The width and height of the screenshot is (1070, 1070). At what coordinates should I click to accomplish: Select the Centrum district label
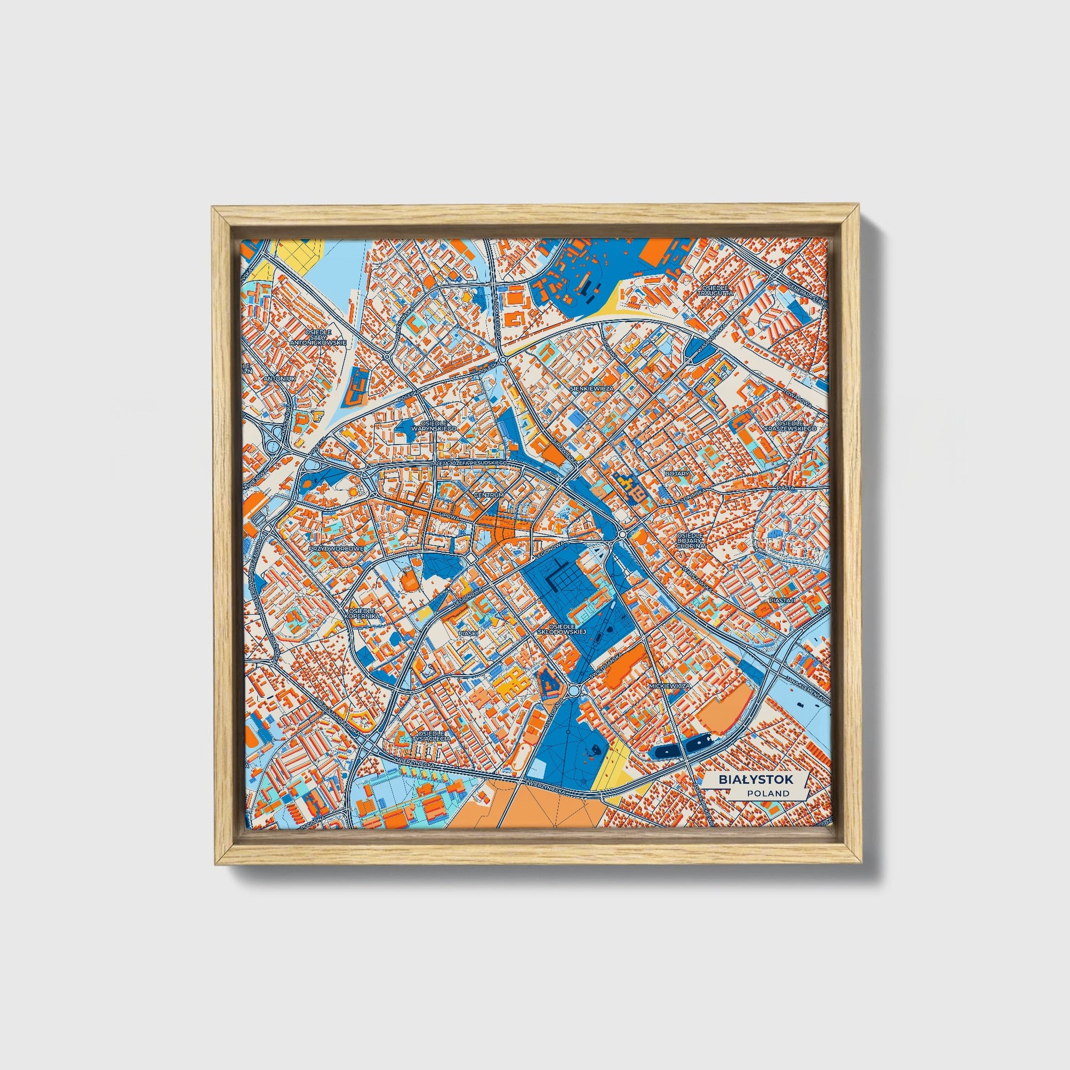pyautogui.click(x=489, y=494)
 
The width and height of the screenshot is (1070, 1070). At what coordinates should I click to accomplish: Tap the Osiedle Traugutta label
pyautogui.click(x=716, y=291)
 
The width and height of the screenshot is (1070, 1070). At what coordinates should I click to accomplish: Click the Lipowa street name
pyautogui.click(x=446, y=516)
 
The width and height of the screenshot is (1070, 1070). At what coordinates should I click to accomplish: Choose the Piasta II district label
pyautogui.click(x=781, y=600)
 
